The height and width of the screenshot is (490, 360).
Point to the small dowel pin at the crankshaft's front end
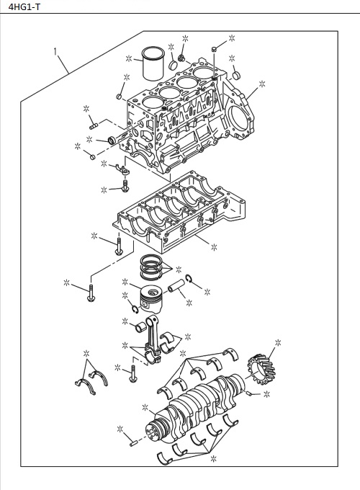[x=135, y=440]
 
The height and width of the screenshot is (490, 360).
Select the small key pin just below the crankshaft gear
[x=249, y=394]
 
